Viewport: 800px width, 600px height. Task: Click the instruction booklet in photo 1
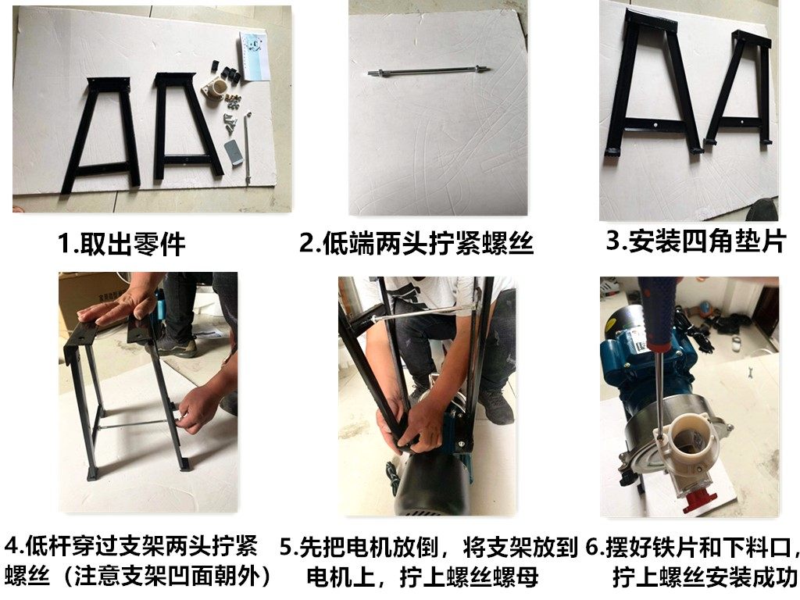pos(255,55)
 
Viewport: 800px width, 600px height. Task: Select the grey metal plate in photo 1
pos(234,151)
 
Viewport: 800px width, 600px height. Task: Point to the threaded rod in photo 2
pos(430,72)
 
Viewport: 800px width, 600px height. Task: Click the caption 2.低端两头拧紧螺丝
pos(416,243)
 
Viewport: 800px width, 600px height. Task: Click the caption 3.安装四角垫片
pos(695,241)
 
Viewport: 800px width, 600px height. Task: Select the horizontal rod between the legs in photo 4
pos(136,426)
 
